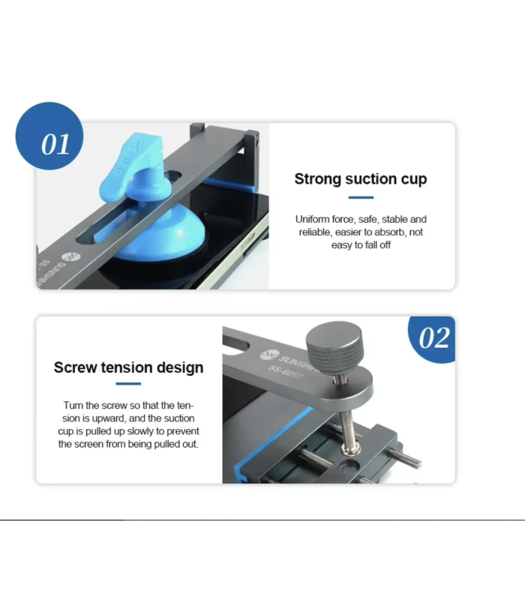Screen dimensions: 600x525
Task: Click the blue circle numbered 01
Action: tap(49, 136)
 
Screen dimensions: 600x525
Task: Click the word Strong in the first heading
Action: tap(317, 179)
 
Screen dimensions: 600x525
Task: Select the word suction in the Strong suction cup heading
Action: tap(373, 179)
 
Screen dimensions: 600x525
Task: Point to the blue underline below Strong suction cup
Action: tap(361, 198)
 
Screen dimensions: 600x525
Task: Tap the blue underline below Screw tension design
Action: tap(128, 384)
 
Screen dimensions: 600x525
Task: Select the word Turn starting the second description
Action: tap(73, 404)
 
